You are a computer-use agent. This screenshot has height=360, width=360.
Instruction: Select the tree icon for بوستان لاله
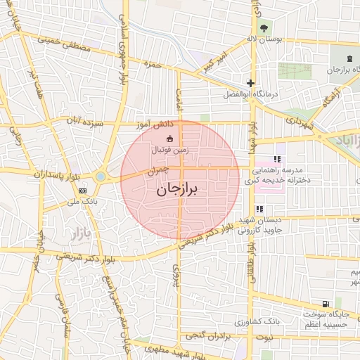pos(264,28)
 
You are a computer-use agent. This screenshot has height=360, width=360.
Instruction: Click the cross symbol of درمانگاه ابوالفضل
pos(250,83)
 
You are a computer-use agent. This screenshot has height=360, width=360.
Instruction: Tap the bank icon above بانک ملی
pos(83,190)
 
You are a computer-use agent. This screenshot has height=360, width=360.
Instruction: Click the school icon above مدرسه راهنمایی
pos(277,160)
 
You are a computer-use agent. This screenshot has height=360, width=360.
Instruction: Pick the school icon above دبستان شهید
pos(259,209)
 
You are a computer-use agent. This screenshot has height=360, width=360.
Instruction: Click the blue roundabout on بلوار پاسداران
pos(101,176)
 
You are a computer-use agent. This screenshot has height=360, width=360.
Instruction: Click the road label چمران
pos(159,170)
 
